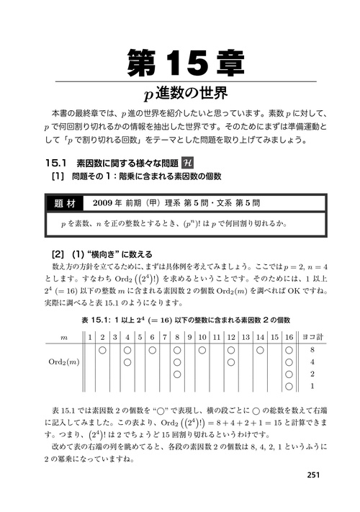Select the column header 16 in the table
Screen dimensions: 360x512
[288, 336]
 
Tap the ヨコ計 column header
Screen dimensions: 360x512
[313, 336]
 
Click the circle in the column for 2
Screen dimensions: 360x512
[102, 350]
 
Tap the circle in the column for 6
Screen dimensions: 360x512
[152, 350]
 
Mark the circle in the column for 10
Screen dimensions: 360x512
[202, 350]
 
